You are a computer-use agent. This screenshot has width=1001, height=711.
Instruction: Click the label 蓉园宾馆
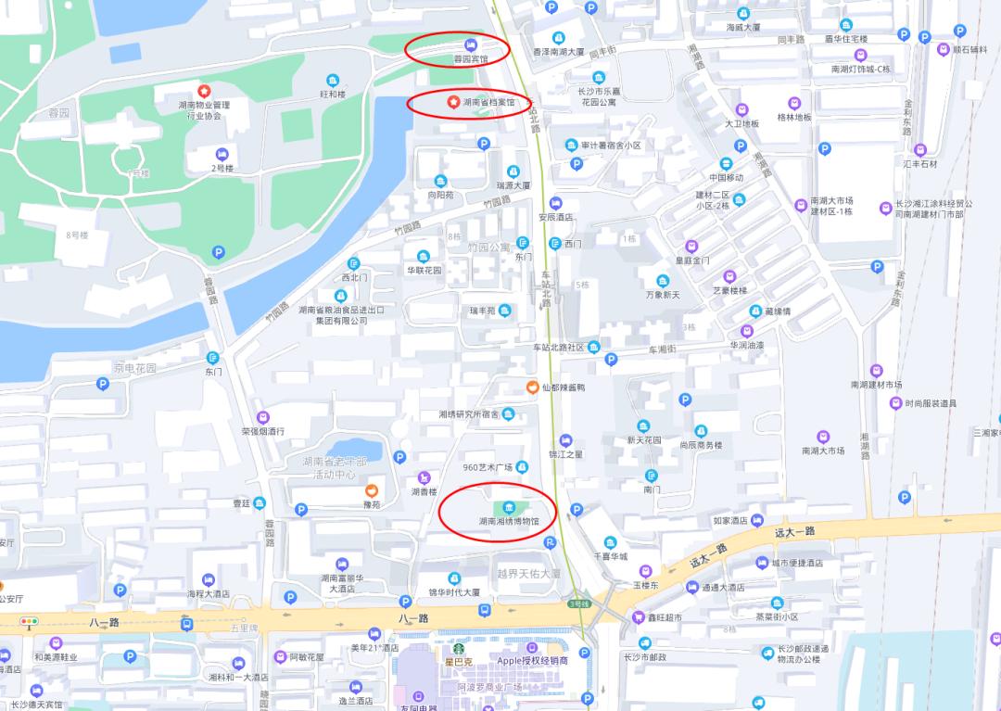(x=470, y=58)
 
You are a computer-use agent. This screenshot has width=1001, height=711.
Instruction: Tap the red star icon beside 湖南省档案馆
(x=452, y=101)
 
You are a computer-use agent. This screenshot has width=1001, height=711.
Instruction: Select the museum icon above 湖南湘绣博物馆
(x=509, y=507)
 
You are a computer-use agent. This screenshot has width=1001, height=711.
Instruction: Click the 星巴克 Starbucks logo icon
(x=457, y=648)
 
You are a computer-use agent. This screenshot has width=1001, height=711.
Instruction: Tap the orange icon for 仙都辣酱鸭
(x=532, y=387)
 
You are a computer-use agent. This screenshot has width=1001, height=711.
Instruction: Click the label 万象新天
(x=663, y=295)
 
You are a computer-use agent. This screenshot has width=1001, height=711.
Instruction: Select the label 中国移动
(x=727, y=177)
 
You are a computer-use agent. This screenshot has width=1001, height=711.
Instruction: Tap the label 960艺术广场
(x=488, y=467)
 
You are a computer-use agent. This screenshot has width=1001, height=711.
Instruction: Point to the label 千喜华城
(x=610, y=556)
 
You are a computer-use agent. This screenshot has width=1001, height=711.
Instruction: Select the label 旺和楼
(x=332, y=94)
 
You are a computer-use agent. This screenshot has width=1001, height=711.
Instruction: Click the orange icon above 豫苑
(x=372, y=489)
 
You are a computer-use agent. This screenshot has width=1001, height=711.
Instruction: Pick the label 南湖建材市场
(x=876, y=385)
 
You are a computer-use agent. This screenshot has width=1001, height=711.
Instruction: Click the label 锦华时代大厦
(x=453, y=591)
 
